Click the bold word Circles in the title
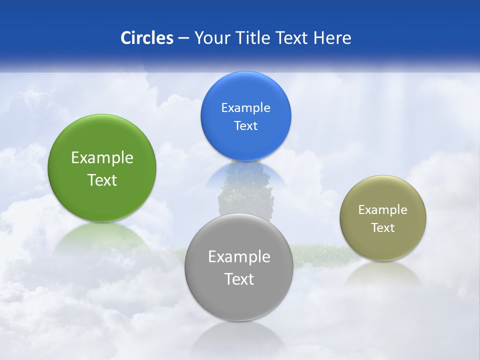tap(146, 38)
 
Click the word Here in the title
tap(332, 38)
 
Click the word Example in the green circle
tap(102, 158)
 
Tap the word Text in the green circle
tap(102, 180)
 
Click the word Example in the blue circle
tap(245, 108)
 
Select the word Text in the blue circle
tap(245, 126)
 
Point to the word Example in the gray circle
tap(239, 257)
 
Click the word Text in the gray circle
tap(239, 279)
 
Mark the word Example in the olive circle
tap(383, 210)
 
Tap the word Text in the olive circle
tap(383, 228)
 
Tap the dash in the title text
tap(183, 38)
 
